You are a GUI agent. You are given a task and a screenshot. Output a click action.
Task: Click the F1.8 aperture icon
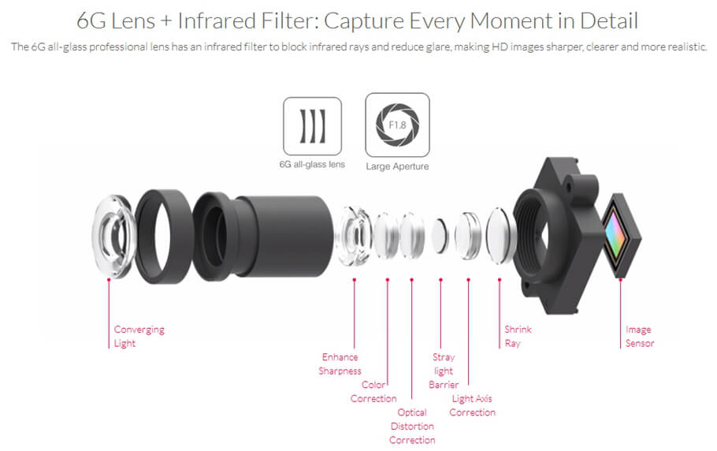(x=397, y=125)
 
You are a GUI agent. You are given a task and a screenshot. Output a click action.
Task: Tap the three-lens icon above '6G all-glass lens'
(x=312, y=126)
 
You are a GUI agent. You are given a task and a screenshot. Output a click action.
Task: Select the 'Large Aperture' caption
(x=397, y=166)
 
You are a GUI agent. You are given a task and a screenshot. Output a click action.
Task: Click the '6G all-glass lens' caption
(x=312, y=164)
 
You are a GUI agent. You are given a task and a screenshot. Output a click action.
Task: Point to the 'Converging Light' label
(x=139, y=336)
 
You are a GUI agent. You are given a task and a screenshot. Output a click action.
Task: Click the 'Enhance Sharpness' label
(x=340, y=363)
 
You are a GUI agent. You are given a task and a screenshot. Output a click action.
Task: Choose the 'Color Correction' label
(x=373, y=392)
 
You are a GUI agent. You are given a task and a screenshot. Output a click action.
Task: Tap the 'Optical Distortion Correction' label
(x=412, y=426)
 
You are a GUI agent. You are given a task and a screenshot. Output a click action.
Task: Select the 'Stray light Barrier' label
(x=444, y=371)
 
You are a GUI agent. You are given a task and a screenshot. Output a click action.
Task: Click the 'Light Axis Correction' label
(x=473, y=405)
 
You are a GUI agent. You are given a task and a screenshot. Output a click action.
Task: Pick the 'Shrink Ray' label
(x=518, y=336)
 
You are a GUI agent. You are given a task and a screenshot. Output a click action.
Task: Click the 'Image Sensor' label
(x=640, y=336)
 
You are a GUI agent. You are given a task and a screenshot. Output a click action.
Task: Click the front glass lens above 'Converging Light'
(x=114, y=237)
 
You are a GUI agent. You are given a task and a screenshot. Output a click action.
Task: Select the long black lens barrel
(x=263, y=236)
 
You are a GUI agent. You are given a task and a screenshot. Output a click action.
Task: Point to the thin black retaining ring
(x=164, y=237)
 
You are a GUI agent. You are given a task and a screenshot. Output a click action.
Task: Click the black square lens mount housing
(x=556, y=237)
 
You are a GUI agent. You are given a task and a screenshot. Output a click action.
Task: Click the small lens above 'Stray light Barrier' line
(x=440, y=236)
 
